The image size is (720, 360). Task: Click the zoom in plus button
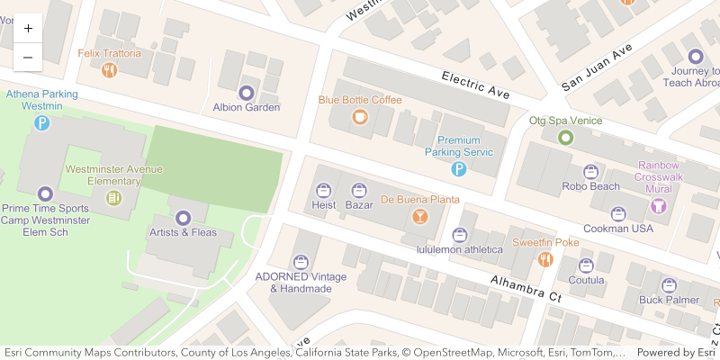[x=28, y=28]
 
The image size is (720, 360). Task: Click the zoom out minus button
[x=28, y=57]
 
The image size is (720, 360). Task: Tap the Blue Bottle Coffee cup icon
[x=360, y=116]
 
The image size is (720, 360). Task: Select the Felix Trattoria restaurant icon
[x=110, y=69]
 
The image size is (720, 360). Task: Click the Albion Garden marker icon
[x=246, y=92]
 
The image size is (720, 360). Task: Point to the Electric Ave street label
[x=476, y=85]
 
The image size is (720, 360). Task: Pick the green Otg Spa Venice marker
[x=565, y=137]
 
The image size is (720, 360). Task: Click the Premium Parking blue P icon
[x=458, y=168]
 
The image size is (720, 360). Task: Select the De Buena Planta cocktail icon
[x=419, y=216]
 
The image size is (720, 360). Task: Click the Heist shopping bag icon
[x=323, y=190]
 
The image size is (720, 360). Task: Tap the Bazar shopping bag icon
[x=359, y=190]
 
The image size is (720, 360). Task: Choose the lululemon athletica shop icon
[x=459, y=234]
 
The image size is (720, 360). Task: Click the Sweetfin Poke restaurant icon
[x=544, y=259]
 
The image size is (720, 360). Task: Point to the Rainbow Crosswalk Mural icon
[x=659, y=205]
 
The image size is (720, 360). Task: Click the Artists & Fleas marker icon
[x=183, y=217]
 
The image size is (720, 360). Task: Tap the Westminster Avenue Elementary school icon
[x=113, y=197]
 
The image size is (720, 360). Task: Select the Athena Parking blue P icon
[x=41, y=122]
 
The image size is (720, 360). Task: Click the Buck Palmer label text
[x=669, y=300]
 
